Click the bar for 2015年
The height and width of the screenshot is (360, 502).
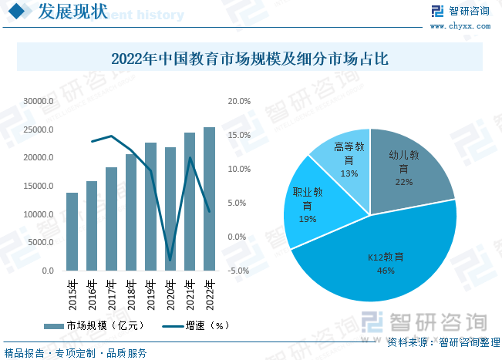coord(72,231)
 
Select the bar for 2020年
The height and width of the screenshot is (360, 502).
coord(170,224)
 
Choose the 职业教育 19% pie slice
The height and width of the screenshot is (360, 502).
coord(308,205)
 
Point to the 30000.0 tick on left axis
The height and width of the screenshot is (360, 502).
coord(38,101)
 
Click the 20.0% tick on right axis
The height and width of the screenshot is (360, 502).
coord(240,101)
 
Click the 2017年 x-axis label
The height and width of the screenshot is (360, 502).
coord(112,294)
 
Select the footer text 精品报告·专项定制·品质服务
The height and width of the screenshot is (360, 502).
coord(76,353)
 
